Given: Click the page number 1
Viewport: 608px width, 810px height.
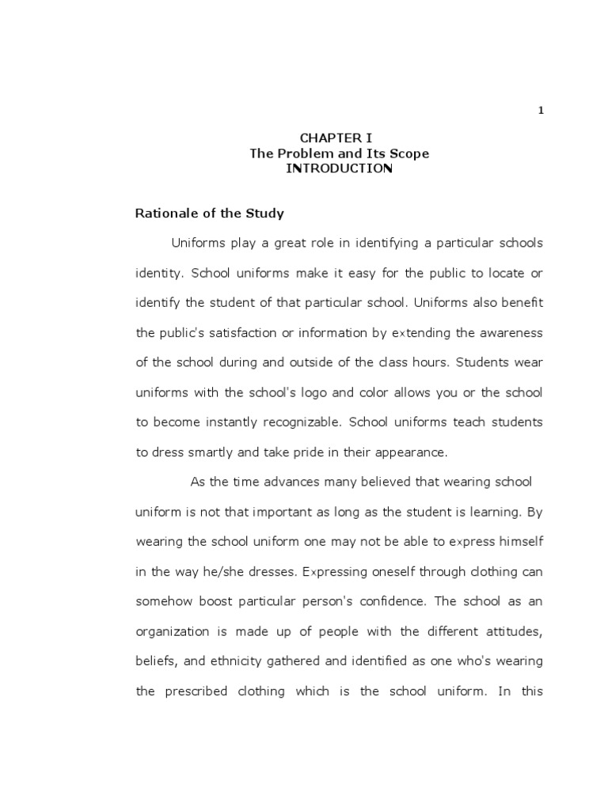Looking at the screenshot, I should (x=541, y=111).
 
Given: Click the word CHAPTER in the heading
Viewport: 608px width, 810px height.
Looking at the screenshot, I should (x=323, y=138).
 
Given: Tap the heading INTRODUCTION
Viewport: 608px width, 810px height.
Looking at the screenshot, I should (x=339, y=168).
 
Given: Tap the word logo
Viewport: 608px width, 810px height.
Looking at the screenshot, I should (x=323, y=393).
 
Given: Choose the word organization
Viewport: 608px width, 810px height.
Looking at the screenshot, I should (x=173, y=632).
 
